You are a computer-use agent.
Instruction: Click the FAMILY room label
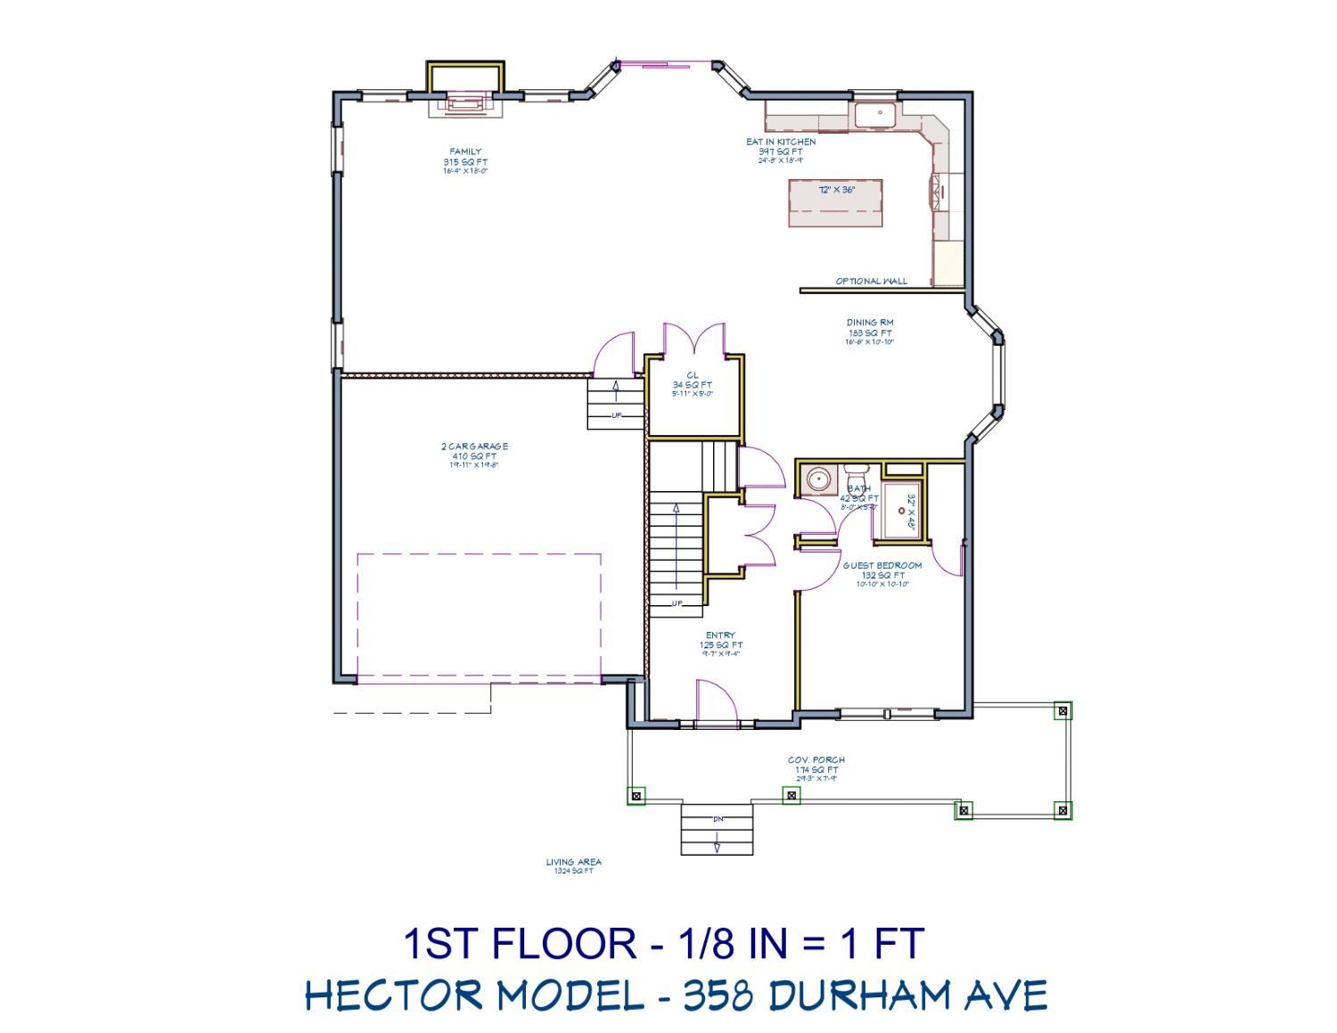pyautogui.click(x=465, y=152)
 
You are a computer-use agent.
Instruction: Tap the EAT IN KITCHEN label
pyautogui.click(x=781, y=142)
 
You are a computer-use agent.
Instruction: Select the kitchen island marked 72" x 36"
pyautogui.click(x=835, y=202)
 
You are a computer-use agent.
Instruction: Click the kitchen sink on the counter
pyautogui.click(x=877, y=114)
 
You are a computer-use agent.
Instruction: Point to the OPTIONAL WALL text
pyautogui.click(x=871, y=282)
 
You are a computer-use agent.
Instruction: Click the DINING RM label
pyautogui.click(x=870, y=323)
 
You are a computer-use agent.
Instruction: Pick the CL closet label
pyautogui.click(x=693, y=375)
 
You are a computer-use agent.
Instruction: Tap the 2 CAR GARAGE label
pyautogui.click(x=474, y=447)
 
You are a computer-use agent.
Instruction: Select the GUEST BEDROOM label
pyautogui.click(x=882, y=565)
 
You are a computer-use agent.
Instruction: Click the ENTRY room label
pyautogui.click(x=720, y=635)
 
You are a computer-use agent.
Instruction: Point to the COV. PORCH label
pyautogui.click(x=816, y=760)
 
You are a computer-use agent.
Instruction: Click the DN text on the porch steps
pyautogui.click(x=718, y=818)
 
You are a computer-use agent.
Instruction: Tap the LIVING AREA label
pyautogui.click(x=573, y=862)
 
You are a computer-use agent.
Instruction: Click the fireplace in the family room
pyautogui.click(x=464, y=103)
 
